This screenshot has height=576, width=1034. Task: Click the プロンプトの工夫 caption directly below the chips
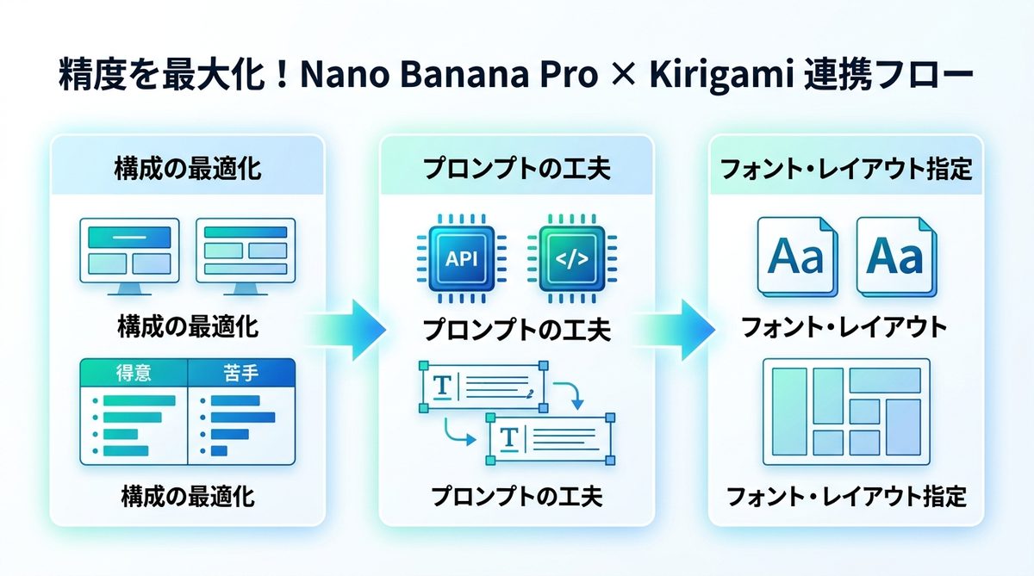point(517,330)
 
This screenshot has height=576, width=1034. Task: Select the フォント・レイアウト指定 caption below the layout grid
point(845,497)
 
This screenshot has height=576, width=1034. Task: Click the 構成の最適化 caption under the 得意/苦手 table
point(188,497)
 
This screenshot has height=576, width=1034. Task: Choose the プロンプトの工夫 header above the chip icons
point(517,169)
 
